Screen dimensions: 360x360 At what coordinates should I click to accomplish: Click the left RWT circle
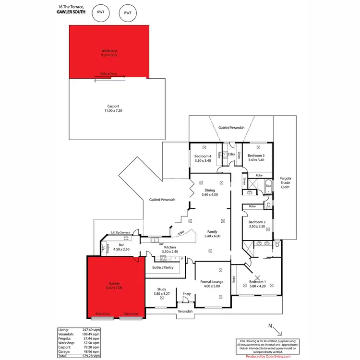click(x=100, y=13)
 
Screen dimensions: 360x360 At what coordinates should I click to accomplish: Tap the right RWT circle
click(x=127, y=13)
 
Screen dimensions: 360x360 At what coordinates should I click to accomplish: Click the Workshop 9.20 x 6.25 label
click(x=109, y=53)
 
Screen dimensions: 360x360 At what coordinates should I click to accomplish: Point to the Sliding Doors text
click(x=108, y=74)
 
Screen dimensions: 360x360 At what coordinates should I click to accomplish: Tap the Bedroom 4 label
click(x=203, y=158)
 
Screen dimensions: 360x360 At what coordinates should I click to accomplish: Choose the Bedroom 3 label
click(x=256, y=158)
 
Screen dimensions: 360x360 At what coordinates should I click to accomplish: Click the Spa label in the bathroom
click(x=269, y=185)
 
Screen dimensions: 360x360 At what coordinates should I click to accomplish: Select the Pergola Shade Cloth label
click(x=286, y=182)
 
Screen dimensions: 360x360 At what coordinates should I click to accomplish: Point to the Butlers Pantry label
click(x=163, y=267)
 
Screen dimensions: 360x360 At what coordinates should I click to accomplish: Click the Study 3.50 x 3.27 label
click(x=160, y=291)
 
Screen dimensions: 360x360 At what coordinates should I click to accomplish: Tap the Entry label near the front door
click(x=187, y=294)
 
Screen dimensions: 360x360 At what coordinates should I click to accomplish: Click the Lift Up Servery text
click(x=121, y=232)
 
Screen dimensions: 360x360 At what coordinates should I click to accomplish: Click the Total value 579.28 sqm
click(x=91, y=356)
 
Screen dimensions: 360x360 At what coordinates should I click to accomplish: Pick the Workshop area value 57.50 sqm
click(x=91, y=343)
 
